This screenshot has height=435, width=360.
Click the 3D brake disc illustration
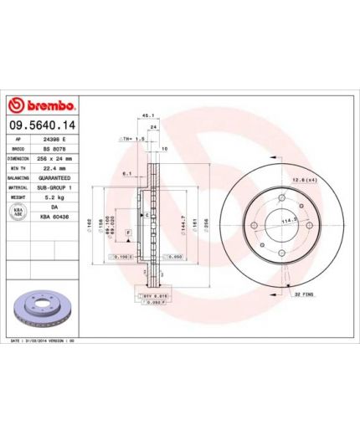pyautogui.click(x=42, y=310)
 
